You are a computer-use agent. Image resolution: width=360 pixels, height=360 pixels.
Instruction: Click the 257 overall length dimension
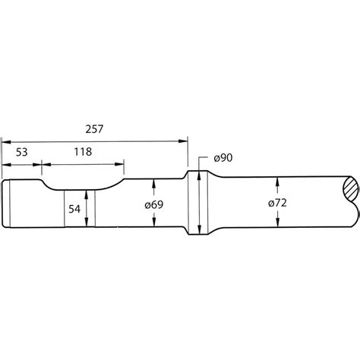(x=94, y=130)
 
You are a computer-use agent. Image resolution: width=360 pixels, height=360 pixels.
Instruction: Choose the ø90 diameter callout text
(x=223, y=157)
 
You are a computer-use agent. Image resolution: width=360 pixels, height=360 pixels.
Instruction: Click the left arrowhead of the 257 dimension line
(x=6, y=141)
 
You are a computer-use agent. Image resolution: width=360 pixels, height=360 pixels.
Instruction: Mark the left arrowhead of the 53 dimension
(x=6, y=162)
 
